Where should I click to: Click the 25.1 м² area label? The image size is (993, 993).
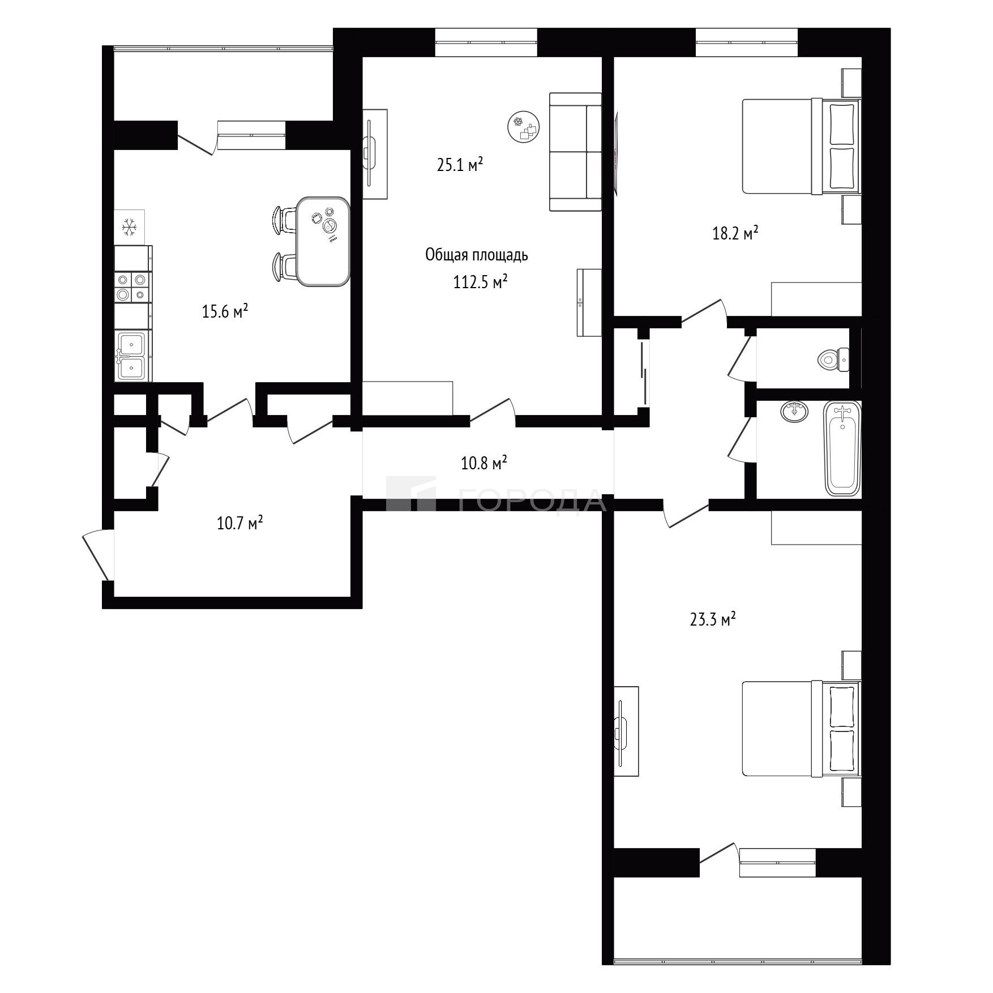(460, 165)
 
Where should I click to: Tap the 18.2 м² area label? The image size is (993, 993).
(735, 233)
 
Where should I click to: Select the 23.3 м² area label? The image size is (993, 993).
(712, 619)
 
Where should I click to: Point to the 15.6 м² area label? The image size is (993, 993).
(225, 311)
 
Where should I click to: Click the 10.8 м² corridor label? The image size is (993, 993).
(483, 464)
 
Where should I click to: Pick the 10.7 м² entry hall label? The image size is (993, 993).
(240, 523)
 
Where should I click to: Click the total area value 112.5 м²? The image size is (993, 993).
(480, 281)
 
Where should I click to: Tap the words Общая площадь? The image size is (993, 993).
(477, 255)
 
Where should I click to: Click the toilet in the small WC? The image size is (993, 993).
(833, 359)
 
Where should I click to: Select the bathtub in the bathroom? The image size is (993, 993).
(842, 448)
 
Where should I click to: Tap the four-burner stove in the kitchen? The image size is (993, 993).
(133, 287)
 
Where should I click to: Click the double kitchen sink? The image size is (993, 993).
(133, 356)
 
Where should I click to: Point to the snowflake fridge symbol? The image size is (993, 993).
(130, 227)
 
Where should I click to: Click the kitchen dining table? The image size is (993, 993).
(323, 242)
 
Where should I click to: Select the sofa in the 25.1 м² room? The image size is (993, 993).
(575, 152)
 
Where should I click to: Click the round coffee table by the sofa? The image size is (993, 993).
(524, 127)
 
